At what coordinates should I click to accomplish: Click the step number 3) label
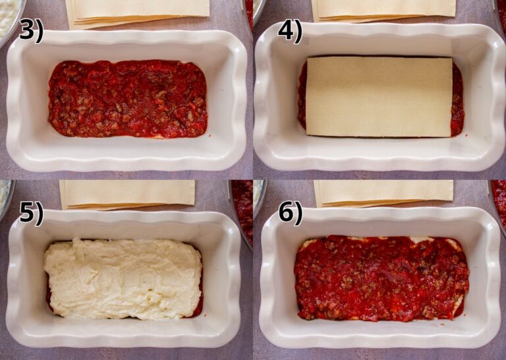point(31,30)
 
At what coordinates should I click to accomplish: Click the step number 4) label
point(289,30)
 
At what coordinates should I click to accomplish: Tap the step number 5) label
point(31,212)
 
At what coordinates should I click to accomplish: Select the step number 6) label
point(289,212)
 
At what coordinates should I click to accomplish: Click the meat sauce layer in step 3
point(127,99)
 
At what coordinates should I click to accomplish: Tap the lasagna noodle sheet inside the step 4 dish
point(379,96)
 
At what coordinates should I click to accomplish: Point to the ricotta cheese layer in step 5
point(123,278)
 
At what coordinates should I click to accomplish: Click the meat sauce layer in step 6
point(381,278)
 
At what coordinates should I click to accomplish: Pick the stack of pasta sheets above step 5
point(128,193)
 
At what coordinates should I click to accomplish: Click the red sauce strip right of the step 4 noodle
point(458,99)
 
